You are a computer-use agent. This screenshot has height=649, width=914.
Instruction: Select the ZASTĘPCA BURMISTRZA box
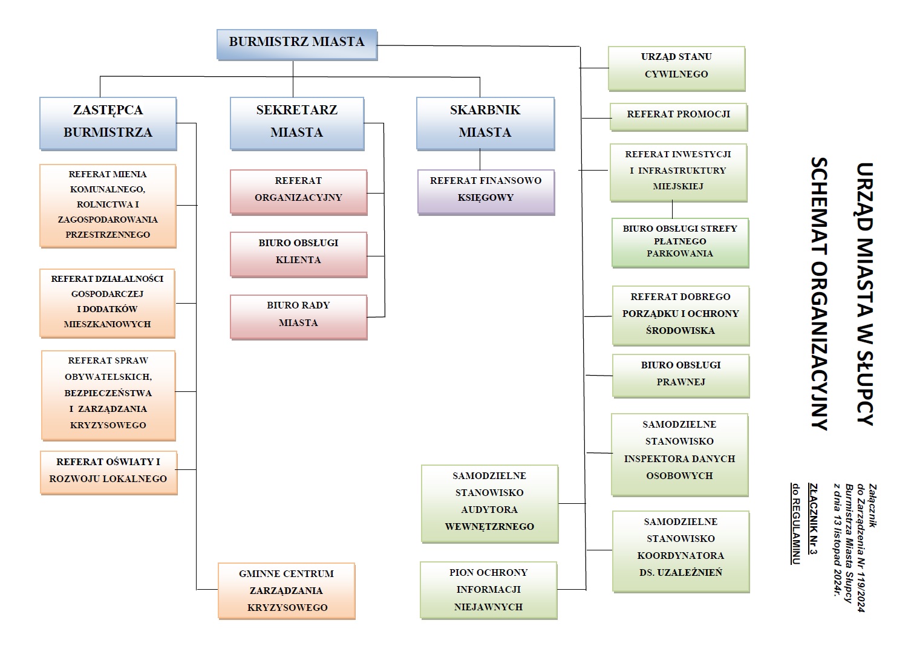[108, 123]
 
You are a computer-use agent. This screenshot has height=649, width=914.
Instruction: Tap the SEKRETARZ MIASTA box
[296, 123]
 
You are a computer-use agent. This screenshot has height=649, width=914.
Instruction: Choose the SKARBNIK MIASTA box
[485, 123]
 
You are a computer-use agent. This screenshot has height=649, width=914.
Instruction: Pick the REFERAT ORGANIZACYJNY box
[298, 191]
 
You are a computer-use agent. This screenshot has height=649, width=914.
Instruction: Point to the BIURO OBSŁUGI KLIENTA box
[298, 253]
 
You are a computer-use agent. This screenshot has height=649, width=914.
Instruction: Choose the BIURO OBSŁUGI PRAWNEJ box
[681, 375]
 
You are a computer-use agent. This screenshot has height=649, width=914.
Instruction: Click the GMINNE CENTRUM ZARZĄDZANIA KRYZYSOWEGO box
[287, 590]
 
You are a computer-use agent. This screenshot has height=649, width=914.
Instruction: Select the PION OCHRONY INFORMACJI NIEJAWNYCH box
[488, 590]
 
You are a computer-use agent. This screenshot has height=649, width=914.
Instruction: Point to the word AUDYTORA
[489, 510]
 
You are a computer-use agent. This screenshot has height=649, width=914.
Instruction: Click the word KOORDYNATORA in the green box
[681, 556]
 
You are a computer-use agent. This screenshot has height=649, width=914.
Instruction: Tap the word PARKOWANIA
[680, 254]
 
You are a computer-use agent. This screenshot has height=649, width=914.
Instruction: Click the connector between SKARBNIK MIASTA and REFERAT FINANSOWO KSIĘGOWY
[480, 160]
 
